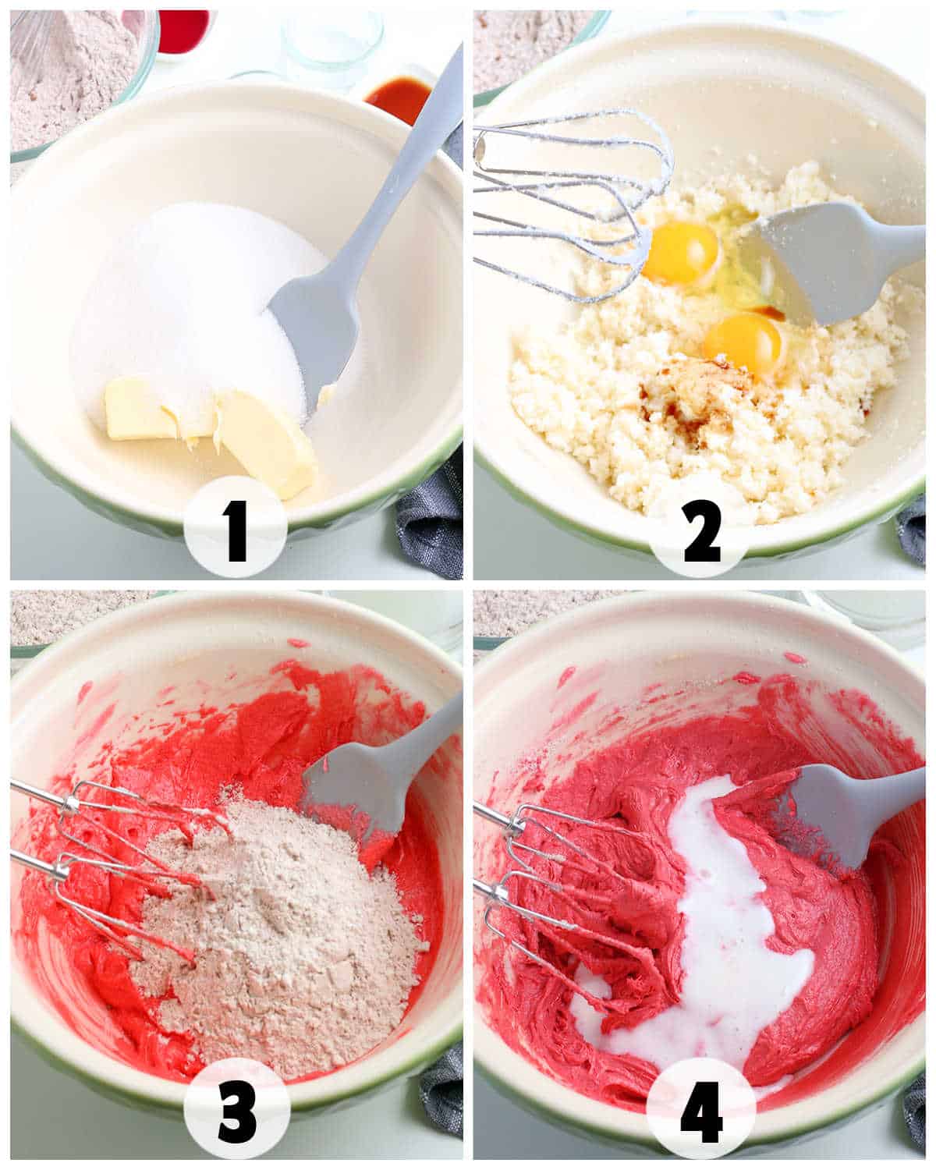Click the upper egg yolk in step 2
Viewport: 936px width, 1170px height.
(680, 252)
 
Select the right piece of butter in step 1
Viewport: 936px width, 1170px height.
(269, 441)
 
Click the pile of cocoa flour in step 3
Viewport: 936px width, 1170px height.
(273, 920)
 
